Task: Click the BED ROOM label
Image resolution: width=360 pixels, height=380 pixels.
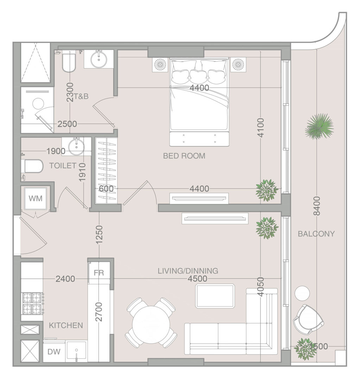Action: [184, 156]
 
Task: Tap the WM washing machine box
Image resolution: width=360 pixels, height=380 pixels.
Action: [36, 198]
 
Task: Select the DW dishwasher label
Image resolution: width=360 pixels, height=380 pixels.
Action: [54, 351]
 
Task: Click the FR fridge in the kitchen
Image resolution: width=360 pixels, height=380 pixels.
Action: [99, 273]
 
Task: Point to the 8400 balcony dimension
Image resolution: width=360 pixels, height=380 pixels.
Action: [317, 206]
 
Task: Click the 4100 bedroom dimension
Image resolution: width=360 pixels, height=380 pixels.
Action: [261, 127]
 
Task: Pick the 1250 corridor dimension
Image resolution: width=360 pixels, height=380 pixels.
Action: [99, 234]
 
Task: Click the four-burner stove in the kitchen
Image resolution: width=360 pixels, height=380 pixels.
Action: [33, 303]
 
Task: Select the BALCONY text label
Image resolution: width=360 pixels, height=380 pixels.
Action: [316, 234]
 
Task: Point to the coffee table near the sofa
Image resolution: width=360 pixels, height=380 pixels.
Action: [215, 296]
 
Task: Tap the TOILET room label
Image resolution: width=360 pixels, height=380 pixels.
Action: [63, 165]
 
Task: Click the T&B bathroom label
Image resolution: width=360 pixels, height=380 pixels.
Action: [81, 96]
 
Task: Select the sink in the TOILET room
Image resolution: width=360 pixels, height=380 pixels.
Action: [76, 146]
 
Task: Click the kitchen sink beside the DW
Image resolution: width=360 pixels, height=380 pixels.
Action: [77, 351]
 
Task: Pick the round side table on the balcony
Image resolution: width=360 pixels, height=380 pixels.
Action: [302, 293]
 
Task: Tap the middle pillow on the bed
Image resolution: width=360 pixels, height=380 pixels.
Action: [198, 76]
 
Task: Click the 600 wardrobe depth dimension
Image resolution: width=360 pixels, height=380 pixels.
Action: [106, 189]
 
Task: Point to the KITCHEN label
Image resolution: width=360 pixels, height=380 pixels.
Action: [66, 325]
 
